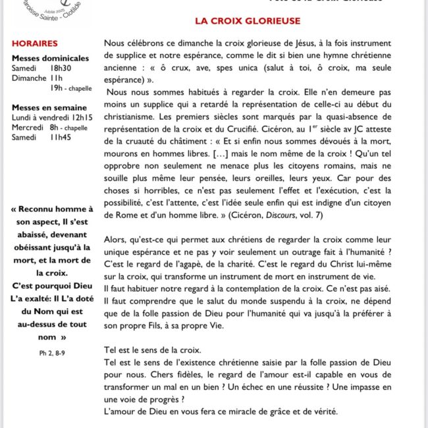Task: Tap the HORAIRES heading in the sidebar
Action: click(x=34, y=44)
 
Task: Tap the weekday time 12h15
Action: click(x=82, y=117)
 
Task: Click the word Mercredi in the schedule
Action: click(x=28, y=126)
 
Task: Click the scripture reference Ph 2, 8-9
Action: click(x=52, y=353)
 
